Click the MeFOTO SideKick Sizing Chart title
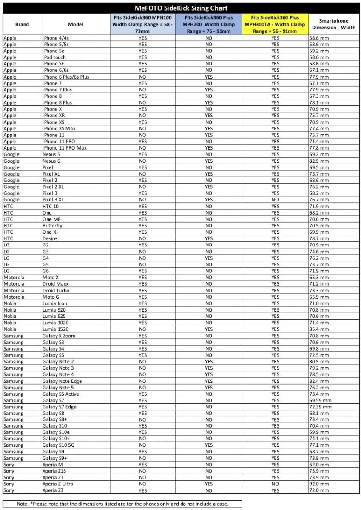181,8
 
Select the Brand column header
22,24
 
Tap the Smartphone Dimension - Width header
333,24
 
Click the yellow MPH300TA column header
275,24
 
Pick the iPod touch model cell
54,57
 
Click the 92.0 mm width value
318,484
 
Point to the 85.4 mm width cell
318,329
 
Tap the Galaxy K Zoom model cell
59,336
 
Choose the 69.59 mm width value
320,400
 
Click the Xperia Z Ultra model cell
58,484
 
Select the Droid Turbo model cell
56,290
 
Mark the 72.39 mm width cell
320,407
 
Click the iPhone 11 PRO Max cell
64,148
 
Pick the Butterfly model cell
52,226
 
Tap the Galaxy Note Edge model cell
62,381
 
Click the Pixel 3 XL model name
53,200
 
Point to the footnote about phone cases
122,504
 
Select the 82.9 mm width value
318,161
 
